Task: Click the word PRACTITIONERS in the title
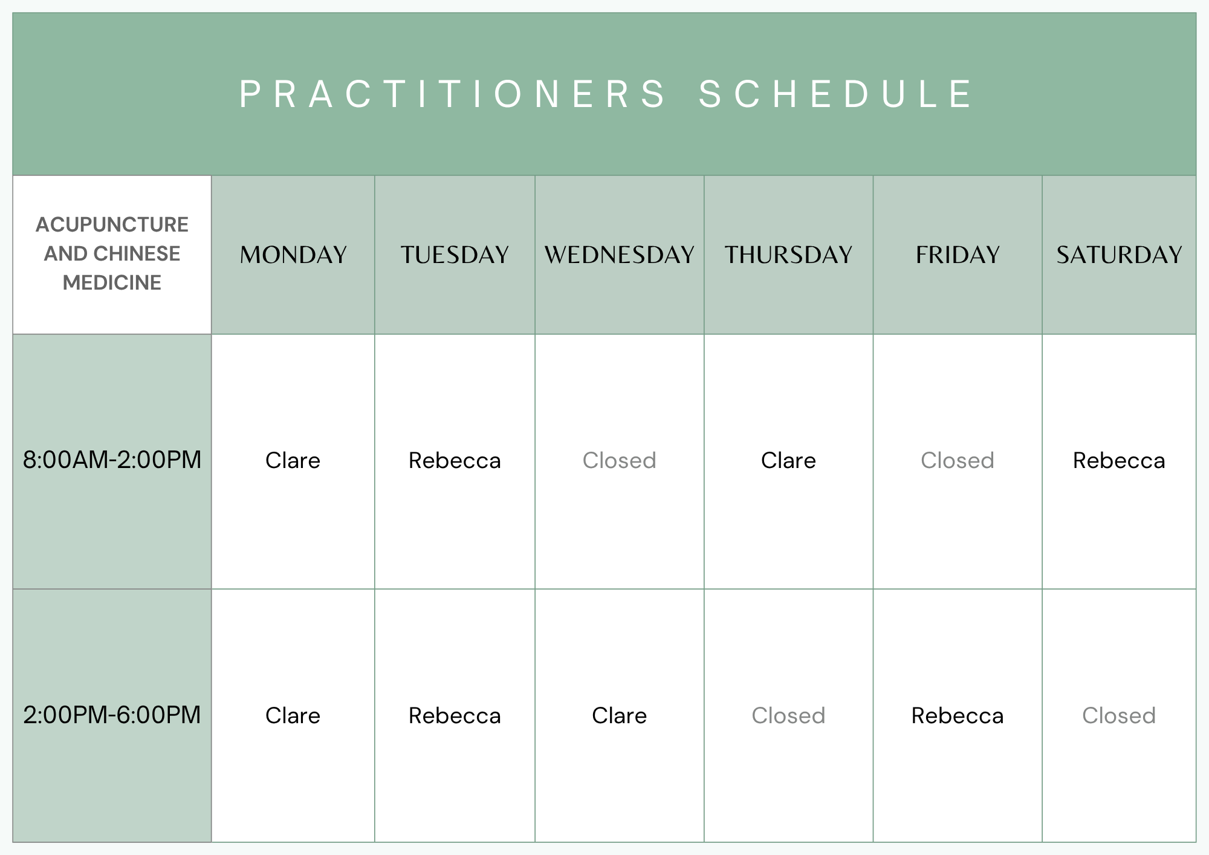pyautogui.click(x=452, y=94)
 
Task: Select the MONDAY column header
pyautogui.click(x=293, y=255)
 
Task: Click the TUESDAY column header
pyautogui.click(x=455, y=255)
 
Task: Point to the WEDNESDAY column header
pyautogui.click(x=619, y=255)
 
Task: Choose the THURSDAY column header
pyautogui.click(x=788, y=255)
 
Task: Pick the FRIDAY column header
pyautogui.click(x=958, y=255)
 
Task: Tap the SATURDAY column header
pyautogui.click(x=1119, y=255)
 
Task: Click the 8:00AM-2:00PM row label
pyautogui.click(x=112, y=460)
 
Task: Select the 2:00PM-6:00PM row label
pyautogui.click(x=112, y=715)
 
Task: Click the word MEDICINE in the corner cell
pyautogui.click(x=112, y=282)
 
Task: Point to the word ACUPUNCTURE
pyautogui.click(x=112, y=224)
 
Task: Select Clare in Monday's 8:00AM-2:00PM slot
pyautogui.click(x=293, y=461)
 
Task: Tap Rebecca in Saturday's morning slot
pyautogui.click(x=1119, y=461)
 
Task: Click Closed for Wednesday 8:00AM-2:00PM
pyautogui.click(x=619, y=461)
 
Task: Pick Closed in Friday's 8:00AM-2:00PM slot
pyautogui.click(x=958, y=461)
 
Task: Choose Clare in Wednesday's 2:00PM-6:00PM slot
pyautogui.click(x=619, y=716)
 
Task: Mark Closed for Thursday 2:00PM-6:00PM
pyautogui.click(x=788, y=716)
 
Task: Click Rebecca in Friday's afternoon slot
pyautogui.click(x=958, y=716)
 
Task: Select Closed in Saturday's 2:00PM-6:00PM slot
pyautogui.click(x=1119, y=716)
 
